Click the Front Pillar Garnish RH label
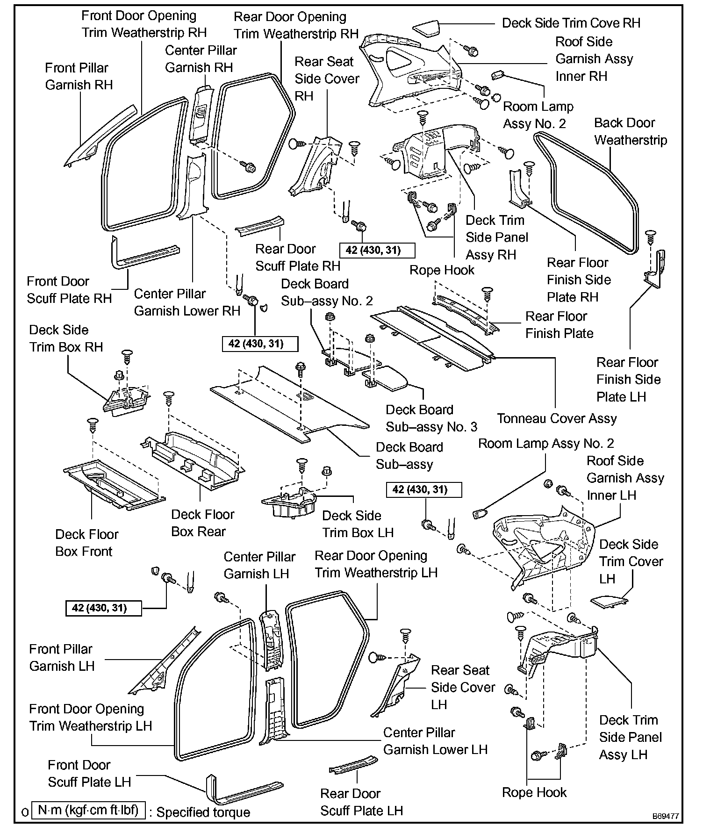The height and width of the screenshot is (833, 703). tap(79, 77)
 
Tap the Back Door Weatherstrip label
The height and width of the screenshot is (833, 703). tap(630, 131)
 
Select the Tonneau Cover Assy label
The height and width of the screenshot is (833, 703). tap(557, 418)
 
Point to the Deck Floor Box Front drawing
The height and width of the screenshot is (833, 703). tap(112, 484)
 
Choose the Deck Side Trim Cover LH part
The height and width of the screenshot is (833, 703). tap(609, 601)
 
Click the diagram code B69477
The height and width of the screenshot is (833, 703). tap(666, 816)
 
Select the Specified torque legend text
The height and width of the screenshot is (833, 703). tap(203, 812)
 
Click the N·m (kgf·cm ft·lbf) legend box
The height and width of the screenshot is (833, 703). tap(88, 810)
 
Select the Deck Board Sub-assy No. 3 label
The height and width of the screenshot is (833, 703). tap(431, 418)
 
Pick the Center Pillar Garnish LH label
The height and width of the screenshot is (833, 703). tap(259, 565)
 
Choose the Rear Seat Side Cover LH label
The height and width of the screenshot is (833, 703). tap(462, 687)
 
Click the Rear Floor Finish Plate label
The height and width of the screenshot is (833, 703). tap(559, 325)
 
